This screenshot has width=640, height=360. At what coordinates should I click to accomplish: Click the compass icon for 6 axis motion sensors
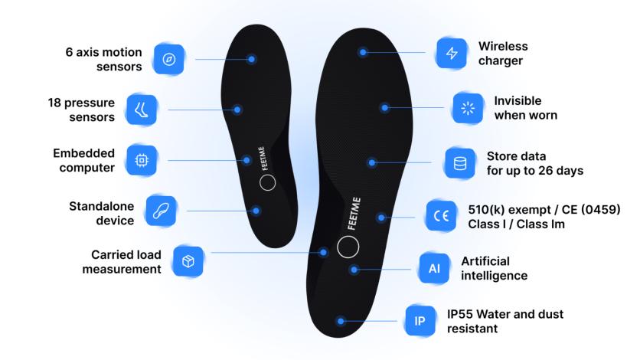pyautogui.click(x=169, y=58)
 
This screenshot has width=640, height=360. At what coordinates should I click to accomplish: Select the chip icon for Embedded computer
pyautogui.click(x=142, y=160)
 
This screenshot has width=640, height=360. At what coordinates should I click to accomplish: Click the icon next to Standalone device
pyautogui.click(x=160, y=209)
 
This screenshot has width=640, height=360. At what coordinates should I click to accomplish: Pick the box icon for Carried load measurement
pyautogui.click(x=188, y=261)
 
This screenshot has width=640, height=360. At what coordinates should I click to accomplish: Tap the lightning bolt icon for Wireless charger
pyautogui.click(x=451, y=53)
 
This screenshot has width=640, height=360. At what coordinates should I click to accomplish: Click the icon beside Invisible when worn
pyautogui.click(x=467, y=108)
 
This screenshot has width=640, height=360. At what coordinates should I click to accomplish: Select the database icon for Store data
pyautogui.click(x=460, y=162)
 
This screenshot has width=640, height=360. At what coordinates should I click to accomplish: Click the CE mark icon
pyautogui.click(x=441, y=215)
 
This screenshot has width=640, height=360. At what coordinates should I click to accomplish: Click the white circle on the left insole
pyautogui.click(x=268, y=183)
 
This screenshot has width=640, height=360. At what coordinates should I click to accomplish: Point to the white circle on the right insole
pyautogui.click(x=348, y=247)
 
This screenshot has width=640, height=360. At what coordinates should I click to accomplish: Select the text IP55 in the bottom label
pyautogui.click(x=462, y=314)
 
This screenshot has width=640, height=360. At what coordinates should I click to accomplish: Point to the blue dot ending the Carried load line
pyautogui.click(x=324, y=251)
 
